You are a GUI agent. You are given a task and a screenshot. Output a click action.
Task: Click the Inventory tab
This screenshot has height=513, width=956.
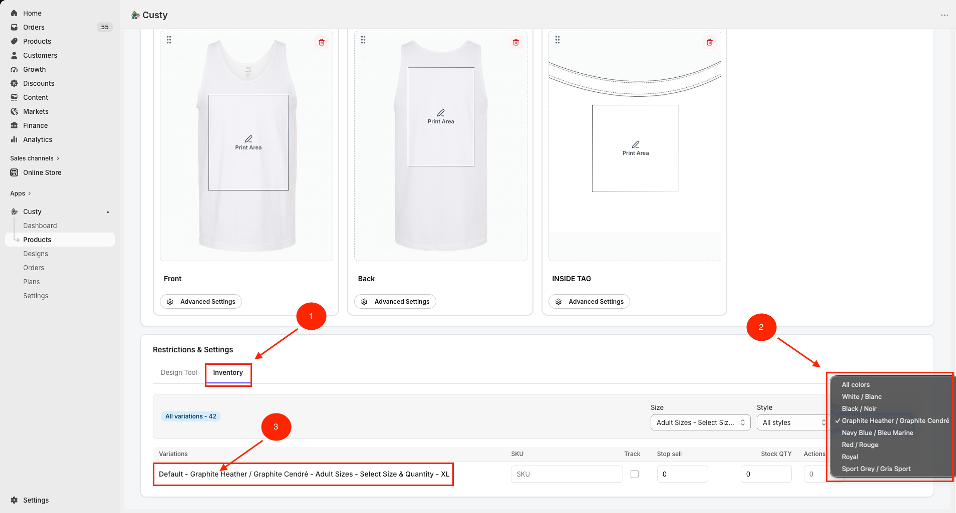coord(228,372)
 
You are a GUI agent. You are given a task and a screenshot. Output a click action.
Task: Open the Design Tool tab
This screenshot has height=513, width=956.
coord(179,372)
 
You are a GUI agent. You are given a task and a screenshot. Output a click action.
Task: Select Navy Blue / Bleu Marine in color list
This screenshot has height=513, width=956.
coord(877,432)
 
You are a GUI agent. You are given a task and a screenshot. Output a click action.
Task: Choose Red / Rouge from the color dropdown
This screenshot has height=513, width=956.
coord(860,444)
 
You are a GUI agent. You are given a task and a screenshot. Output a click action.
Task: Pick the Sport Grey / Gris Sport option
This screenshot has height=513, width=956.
coord(876,468)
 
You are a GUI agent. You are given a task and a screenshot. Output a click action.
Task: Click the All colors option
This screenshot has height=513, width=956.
coord(855,384)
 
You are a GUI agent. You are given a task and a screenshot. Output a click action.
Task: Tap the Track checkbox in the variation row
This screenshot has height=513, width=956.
coord(634,474)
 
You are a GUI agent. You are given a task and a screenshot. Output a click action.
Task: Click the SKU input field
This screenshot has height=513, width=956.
coord(567,474)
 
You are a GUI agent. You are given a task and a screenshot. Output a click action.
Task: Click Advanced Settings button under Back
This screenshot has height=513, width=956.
coord(395,301)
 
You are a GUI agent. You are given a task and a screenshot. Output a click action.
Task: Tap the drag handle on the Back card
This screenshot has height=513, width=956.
coord(363,40)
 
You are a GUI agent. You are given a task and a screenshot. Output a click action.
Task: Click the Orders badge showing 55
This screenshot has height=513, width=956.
coord(105,27)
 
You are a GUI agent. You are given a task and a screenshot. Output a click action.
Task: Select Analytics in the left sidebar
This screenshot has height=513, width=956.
coord(38,140)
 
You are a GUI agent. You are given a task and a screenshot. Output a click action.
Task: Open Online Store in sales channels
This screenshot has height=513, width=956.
coord(42,173)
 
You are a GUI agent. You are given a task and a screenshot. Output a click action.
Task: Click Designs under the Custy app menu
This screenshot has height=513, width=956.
coord(35,253)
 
